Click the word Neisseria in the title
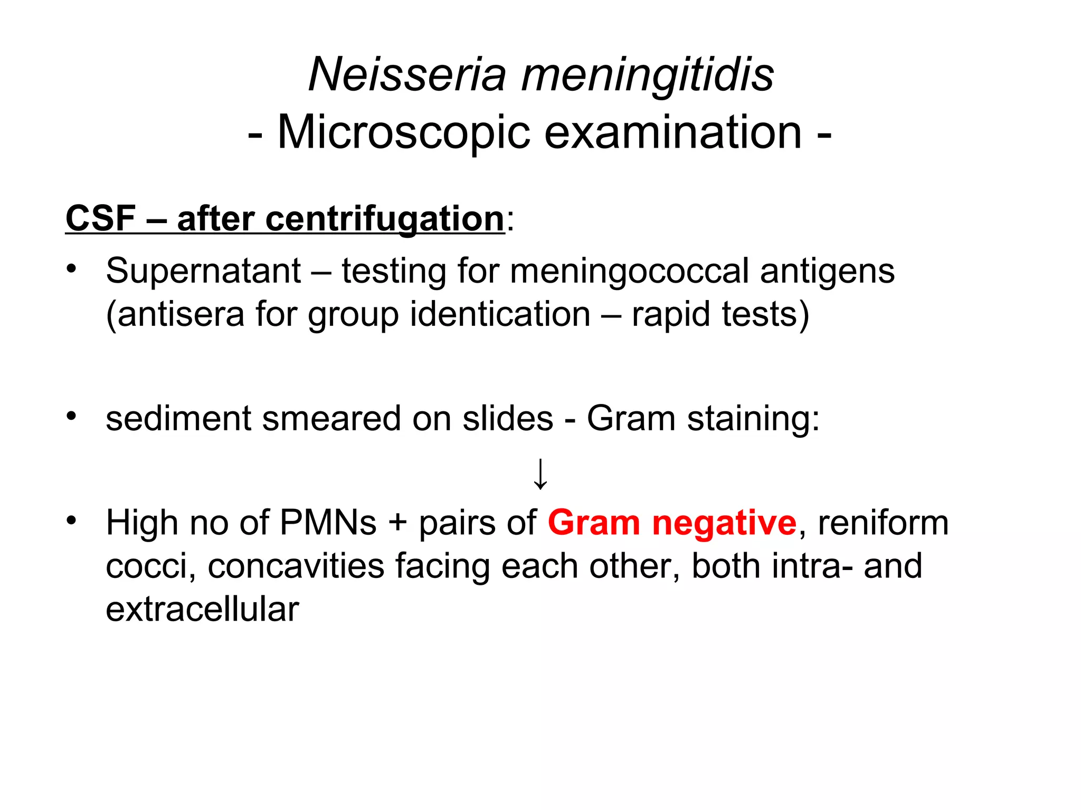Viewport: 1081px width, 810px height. (x=407, y=75)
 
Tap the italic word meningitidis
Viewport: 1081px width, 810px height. (x=647, y=75)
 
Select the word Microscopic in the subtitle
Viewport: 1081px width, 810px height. (x=403, y=133)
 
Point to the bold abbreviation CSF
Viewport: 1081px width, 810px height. (x=101, y=218)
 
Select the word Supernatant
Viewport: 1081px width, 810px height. (x=203, y=271)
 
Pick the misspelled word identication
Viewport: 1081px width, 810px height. (x=500, y=314)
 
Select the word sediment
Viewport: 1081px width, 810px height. (x=178, y=419)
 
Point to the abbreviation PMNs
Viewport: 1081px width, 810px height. (x=328, y=523)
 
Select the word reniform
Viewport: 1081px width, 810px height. (x=883, y=523)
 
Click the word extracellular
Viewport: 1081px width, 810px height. (x=202, y=610)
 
